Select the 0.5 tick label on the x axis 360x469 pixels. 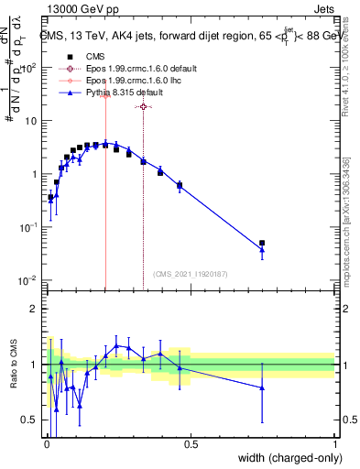click(x=191, y=442)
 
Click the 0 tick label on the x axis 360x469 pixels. click(x=46, y=442)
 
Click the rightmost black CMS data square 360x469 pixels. click(x=262, y=244)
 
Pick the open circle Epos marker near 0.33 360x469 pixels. click(x=143, y=107)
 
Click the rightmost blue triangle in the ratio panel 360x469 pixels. click(x=262, y=387)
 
